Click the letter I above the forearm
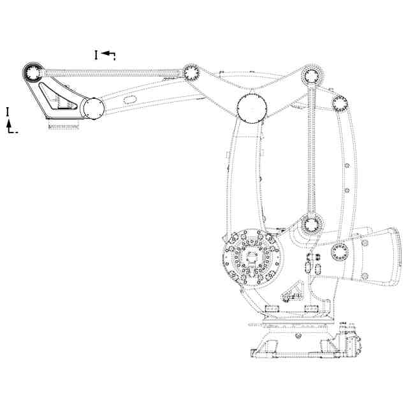pyautogui.click(x=96, y=55)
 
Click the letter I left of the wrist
pyautogui.click(x=8, y=112)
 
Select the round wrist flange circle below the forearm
pyautogui.click(x=92, y=108)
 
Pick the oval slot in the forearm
pyautogui.click(x=129, y=99)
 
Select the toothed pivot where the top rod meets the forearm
pyautogui.click(x=191, y=71)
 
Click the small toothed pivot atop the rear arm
pyautogui.click(x=339, y=103)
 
